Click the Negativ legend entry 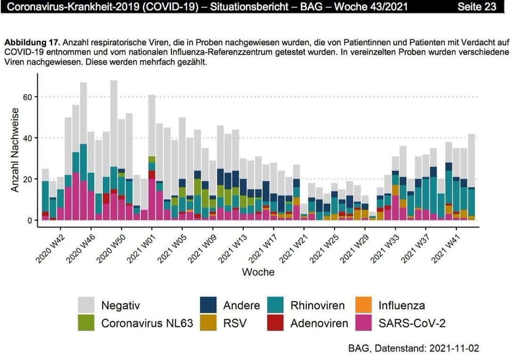[120, 305]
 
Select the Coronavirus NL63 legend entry [147, 323]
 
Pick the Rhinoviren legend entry [317, 305]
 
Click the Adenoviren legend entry [319, 323]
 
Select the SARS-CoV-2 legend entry [412, 323]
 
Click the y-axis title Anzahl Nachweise [15, 150]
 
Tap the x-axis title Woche [258, 272]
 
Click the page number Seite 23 [476, 7]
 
